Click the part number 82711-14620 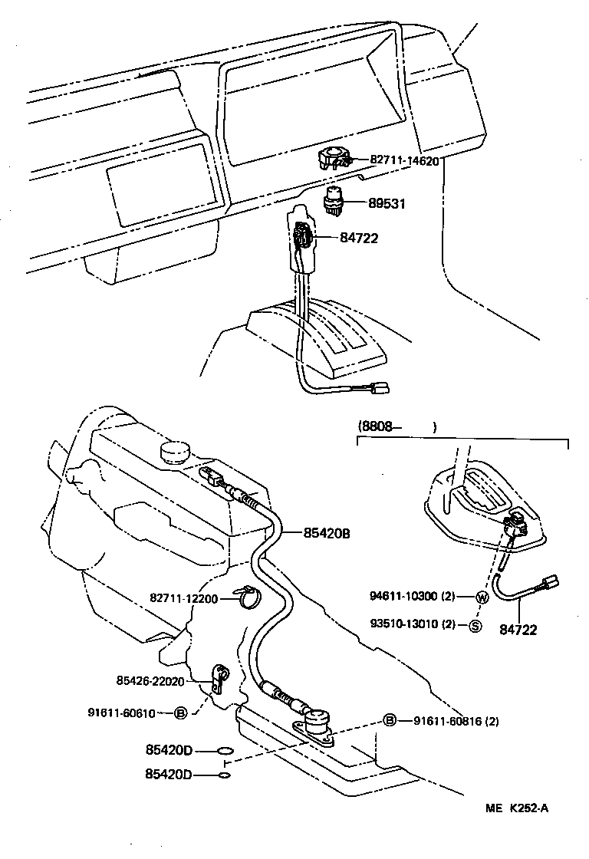click(404, 161)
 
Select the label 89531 click(388, 204)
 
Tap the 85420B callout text click(317, 532)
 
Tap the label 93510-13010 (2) click(413, 624)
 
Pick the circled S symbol click(475, 625)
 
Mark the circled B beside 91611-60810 click(181, 713)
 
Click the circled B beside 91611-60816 click(390, 720)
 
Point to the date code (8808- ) click(397, 426)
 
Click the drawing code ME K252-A click(518, 808)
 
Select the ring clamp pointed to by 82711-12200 click(246, 596)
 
